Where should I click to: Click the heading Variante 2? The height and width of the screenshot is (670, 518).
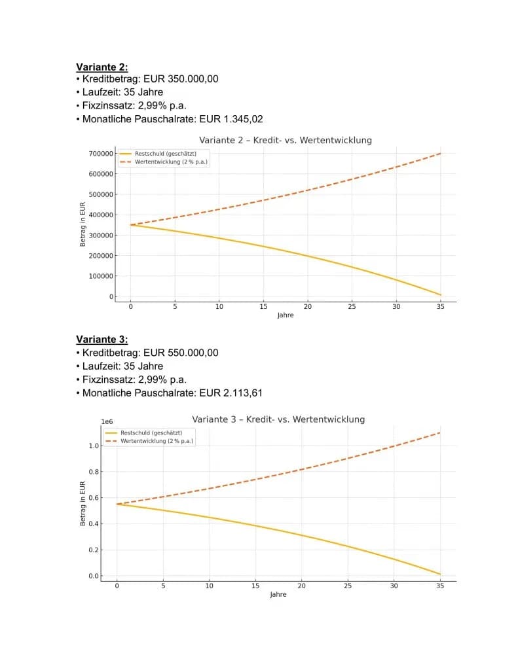click(x=102, y=67)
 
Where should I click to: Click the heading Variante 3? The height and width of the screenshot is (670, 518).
click(x=102, y=340)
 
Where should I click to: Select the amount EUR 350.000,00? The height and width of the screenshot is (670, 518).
click(x=181, y=79)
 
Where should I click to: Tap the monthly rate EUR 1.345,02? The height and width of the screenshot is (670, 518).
click(x=231, y=119)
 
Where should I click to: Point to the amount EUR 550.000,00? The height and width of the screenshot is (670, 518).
click(x=181, y=353)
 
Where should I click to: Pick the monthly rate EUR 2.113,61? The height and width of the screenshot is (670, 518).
click(x=231, y=393)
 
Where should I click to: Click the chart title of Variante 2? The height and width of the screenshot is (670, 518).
click(x=286, y=140)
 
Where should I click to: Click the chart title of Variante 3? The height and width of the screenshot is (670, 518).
click(x=278, y=419)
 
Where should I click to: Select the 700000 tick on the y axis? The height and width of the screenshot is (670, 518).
click(x=101, y=153)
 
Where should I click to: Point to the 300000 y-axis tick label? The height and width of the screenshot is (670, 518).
click(x=101, y=236)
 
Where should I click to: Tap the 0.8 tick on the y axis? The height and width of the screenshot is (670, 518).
click(x=94, y=472)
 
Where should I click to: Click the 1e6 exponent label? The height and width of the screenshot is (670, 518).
click(x=107, y=422)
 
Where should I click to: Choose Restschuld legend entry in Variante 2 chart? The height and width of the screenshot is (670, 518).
click(x=158, y=153)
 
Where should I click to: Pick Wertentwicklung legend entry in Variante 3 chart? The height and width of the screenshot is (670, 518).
click(x=149, y=441)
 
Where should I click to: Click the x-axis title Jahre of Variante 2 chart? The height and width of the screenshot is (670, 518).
click(x=286, y=315)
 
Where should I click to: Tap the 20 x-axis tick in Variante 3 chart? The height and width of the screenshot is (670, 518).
click(x=301, y=586)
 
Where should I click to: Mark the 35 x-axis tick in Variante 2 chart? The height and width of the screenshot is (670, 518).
click(x=441, y=306)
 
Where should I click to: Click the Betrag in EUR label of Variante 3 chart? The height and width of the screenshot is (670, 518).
click(x=83, y=503)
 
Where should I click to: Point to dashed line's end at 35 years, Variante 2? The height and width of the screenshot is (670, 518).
click(x=441, y=153)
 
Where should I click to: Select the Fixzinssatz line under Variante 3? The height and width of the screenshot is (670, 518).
click(x=132, y=379)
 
